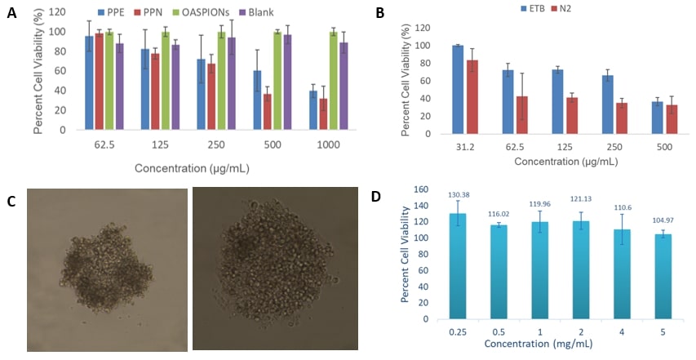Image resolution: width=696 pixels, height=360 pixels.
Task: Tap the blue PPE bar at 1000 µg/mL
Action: [x=313, y=110]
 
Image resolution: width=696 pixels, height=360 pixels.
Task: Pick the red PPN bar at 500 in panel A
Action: [x=267, y=112]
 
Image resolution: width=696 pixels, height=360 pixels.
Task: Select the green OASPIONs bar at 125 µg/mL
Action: [x=166, y=81]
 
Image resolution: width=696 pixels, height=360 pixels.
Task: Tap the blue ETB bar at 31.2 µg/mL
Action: [x=457, y=90]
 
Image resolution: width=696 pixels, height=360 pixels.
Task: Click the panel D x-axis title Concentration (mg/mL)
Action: [x=539, y=344]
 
